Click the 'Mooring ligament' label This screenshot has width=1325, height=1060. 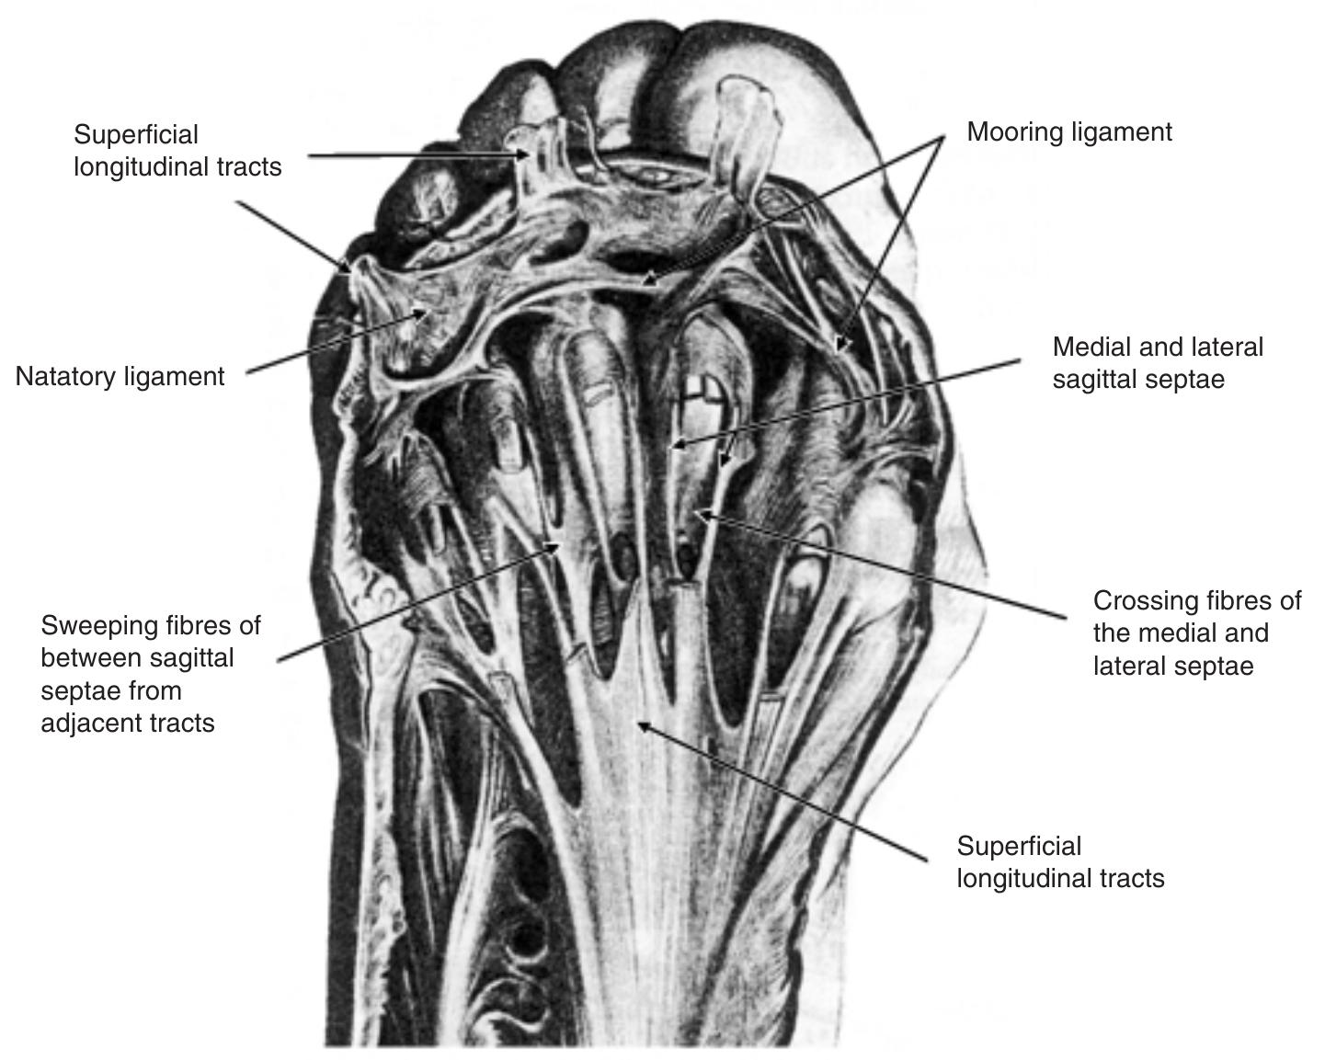1069,132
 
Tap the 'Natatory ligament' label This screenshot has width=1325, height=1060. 120,377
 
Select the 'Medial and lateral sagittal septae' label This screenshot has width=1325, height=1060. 1158,363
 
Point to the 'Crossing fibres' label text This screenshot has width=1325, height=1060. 1196,633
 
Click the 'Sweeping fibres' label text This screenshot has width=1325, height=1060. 151,674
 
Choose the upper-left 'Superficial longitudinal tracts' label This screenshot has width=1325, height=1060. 177,151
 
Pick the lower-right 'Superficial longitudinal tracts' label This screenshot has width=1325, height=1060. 1060,862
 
